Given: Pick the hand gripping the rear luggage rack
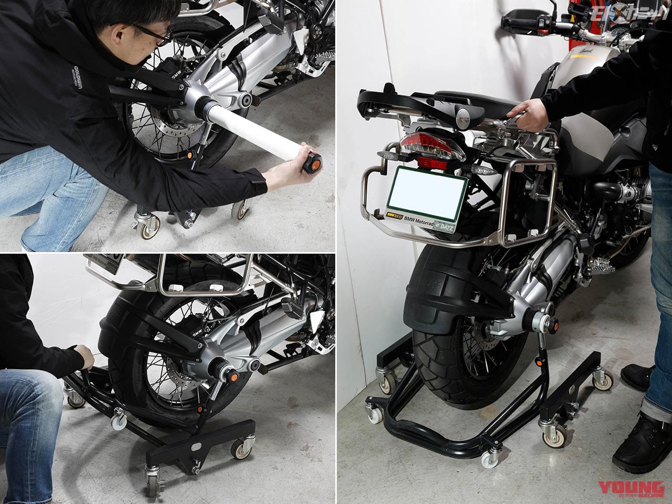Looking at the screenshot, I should (526, 111).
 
